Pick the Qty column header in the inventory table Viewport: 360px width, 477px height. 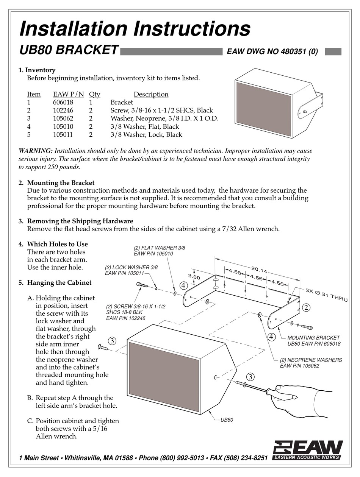(94, 94)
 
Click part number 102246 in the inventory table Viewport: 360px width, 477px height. (63, 111)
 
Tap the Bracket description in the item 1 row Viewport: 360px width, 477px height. (122, 103)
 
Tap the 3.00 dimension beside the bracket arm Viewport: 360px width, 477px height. (194, 277)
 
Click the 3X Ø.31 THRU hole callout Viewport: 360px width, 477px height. (326, 295)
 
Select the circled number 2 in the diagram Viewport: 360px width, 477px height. (307, 307)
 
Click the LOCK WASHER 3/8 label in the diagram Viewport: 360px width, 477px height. (131, 267)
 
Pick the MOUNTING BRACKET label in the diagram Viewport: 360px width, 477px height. (313, 338)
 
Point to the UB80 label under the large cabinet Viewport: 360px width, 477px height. (227, 420)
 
